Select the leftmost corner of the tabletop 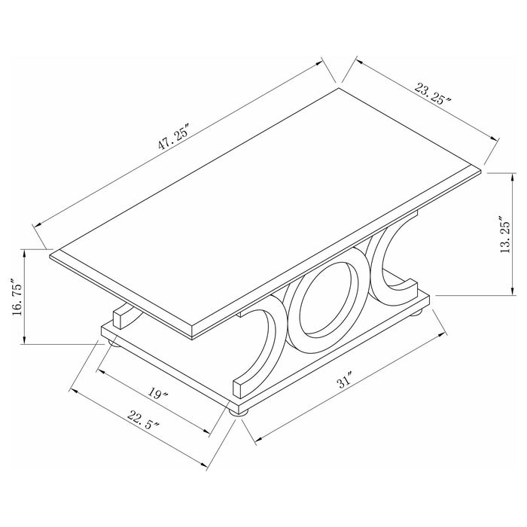click(x=49, y=254)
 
